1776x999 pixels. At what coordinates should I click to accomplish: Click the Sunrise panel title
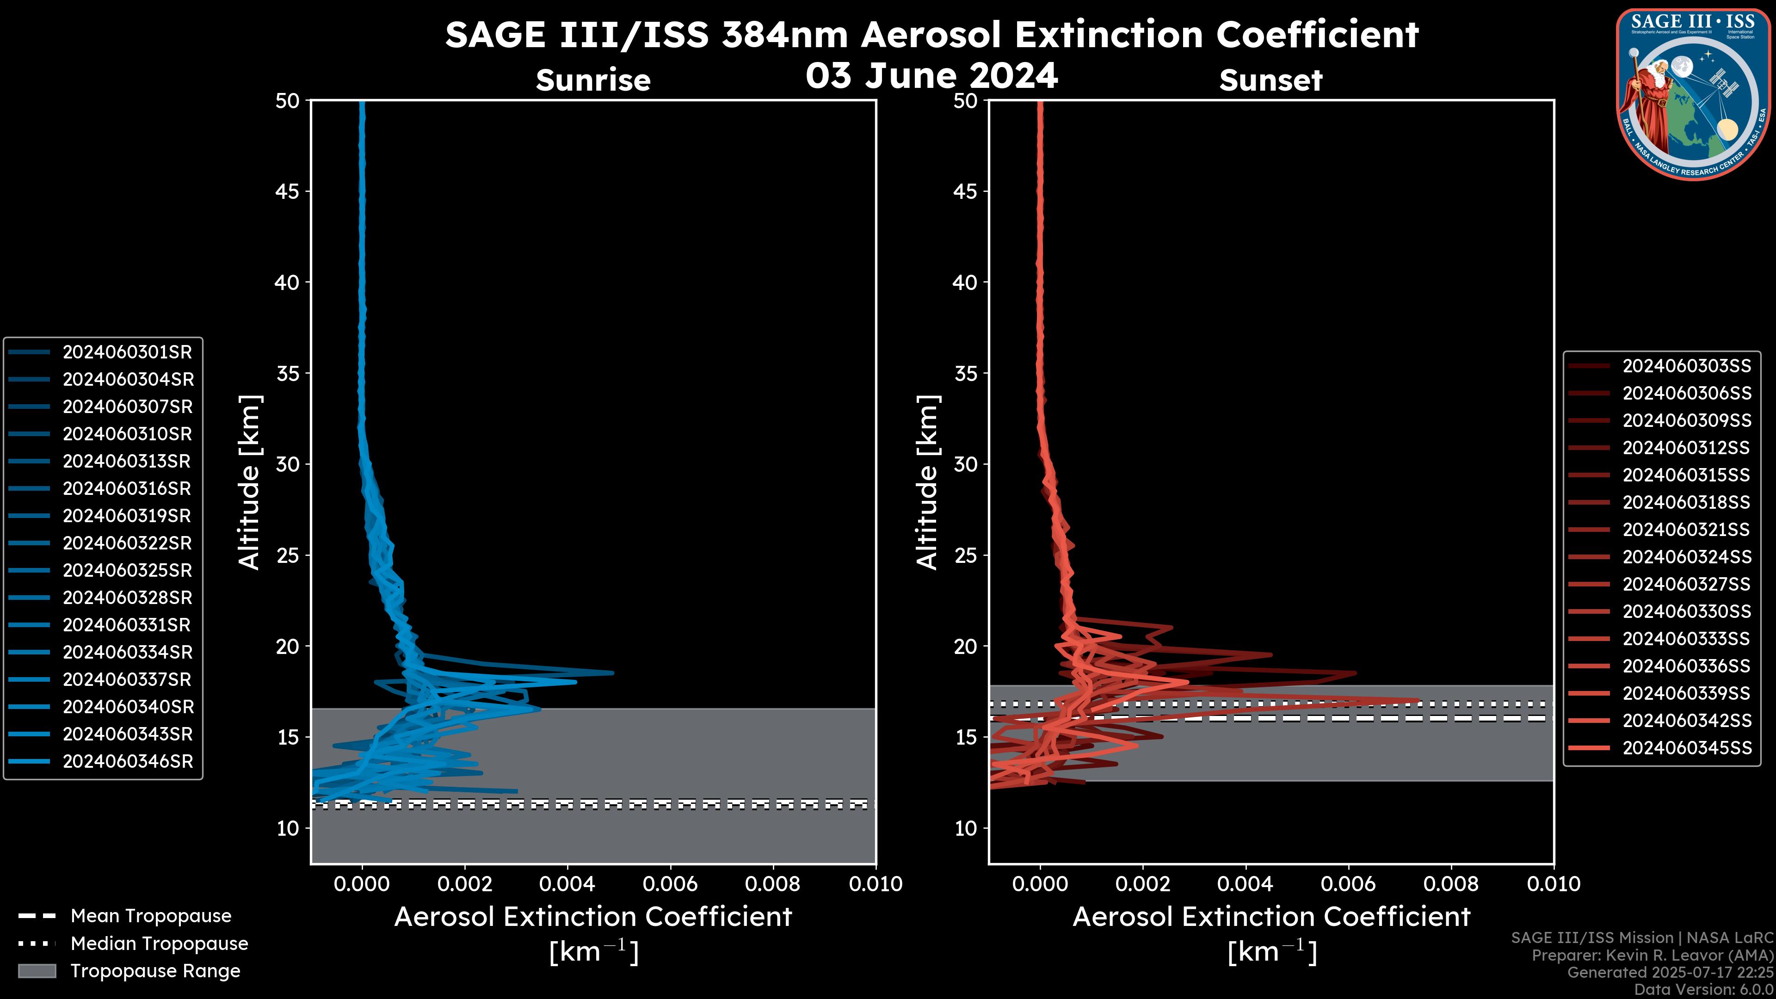(593, 80)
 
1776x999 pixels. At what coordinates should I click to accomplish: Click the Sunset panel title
(1270, 80)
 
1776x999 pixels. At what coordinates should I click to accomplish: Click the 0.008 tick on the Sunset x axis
(1451, 884)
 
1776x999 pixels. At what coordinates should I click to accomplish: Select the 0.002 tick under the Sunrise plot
(465, 884)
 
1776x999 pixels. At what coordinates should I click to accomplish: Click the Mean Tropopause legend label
(151, 916)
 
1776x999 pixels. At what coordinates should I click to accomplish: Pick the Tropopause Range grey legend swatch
(37, 971)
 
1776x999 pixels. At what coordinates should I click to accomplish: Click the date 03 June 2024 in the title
(931, 76)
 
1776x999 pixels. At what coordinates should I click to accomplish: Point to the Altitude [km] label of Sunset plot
(927, 482)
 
